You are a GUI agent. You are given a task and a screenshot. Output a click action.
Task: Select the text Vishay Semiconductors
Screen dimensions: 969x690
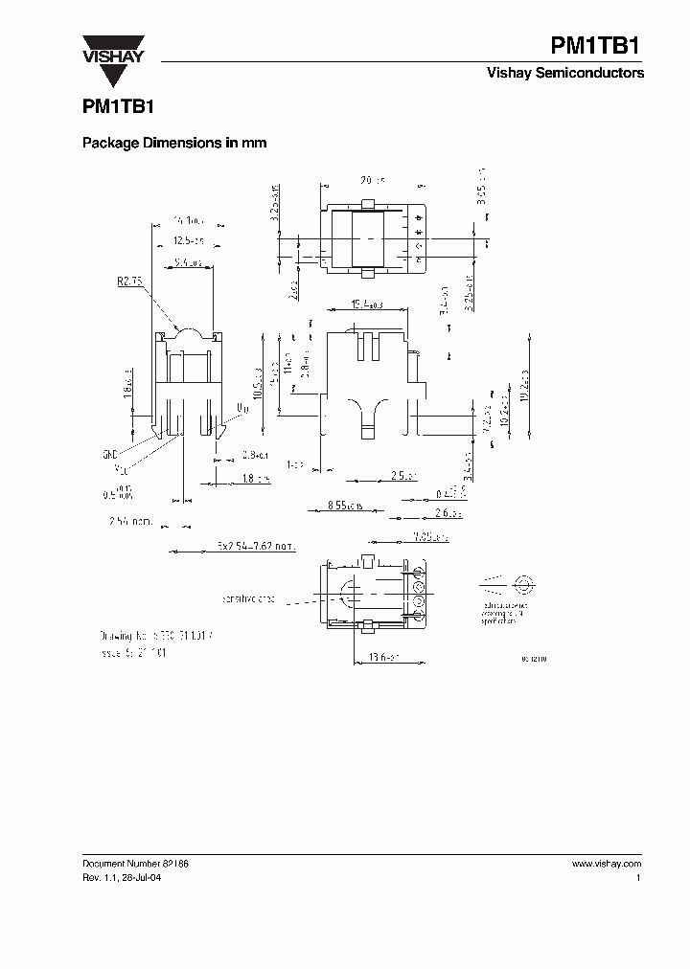[566, 74]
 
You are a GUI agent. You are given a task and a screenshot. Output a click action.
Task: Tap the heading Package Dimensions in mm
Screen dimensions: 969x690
[173, 143]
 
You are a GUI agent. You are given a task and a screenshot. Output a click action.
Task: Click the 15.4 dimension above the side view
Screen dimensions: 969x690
[367, 304]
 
